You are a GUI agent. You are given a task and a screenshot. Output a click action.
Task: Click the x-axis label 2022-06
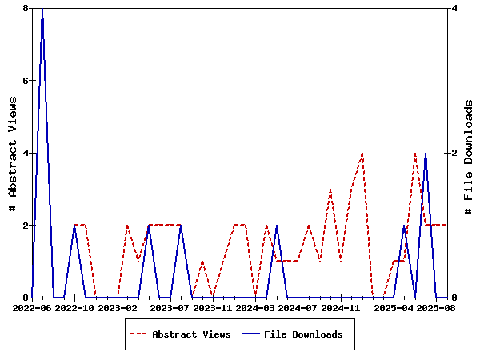(32, 307)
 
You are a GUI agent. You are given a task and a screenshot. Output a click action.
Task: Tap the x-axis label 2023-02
(118, 307)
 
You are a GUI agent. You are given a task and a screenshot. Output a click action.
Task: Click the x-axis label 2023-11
(213, 307)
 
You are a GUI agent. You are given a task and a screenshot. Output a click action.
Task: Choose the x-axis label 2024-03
(256, 307)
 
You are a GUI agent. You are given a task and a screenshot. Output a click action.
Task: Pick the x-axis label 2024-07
(298, 307)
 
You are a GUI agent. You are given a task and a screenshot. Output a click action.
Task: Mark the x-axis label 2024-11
(341, 307)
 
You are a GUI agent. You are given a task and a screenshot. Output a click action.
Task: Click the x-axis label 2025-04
(394, 307)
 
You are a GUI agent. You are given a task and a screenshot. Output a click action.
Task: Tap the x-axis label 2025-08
(436, 307)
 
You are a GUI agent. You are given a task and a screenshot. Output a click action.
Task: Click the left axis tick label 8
(26, 8)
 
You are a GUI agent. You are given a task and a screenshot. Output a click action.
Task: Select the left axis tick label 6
(26, 81)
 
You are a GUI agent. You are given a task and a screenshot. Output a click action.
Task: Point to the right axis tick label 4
(454, 8)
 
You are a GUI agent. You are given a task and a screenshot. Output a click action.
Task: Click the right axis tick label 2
(454, 153)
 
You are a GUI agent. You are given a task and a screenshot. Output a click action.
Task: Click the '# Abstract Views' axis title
(12, 153)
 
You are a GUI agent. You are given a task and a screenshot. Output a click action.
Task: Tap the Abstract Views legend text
(191, 334)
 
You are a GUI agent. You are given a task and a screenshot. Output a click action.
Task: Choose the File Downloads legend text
(303, 334)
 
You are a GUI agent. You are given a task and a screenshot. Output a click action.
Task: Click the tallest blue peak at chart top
(42, 9)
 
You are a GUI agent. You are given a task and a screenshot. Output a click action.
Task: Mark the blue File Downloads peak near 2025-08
(426, 154)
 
